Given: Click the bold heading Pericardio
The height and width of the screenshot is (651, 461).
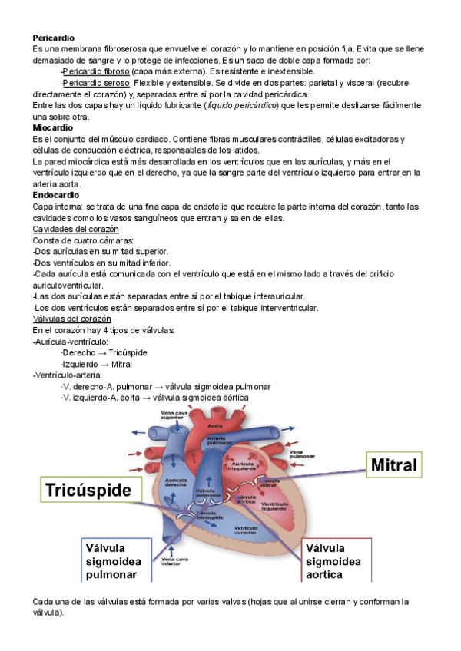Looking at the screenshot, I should tap(53, 37).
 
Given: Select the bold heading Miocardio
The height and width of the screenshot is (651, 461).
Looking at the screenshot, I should tap(52, 127).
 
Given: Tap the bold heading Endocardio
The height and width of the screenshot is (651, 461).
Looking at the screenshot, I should tap(55, 195).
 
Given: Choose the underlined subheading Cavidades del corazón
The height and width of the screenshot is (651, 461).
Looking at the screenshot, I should tap(75, 230).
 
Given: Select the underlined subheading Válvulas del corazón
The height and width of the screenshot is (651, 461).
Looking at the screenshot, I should tap(72, 319).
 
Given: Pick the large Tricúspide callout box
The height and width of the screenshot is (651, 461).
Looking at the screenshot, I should tap(88, 489).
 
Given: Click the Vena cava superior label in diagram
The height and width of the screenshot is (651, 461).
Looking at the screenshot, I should tap(173, 415).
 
